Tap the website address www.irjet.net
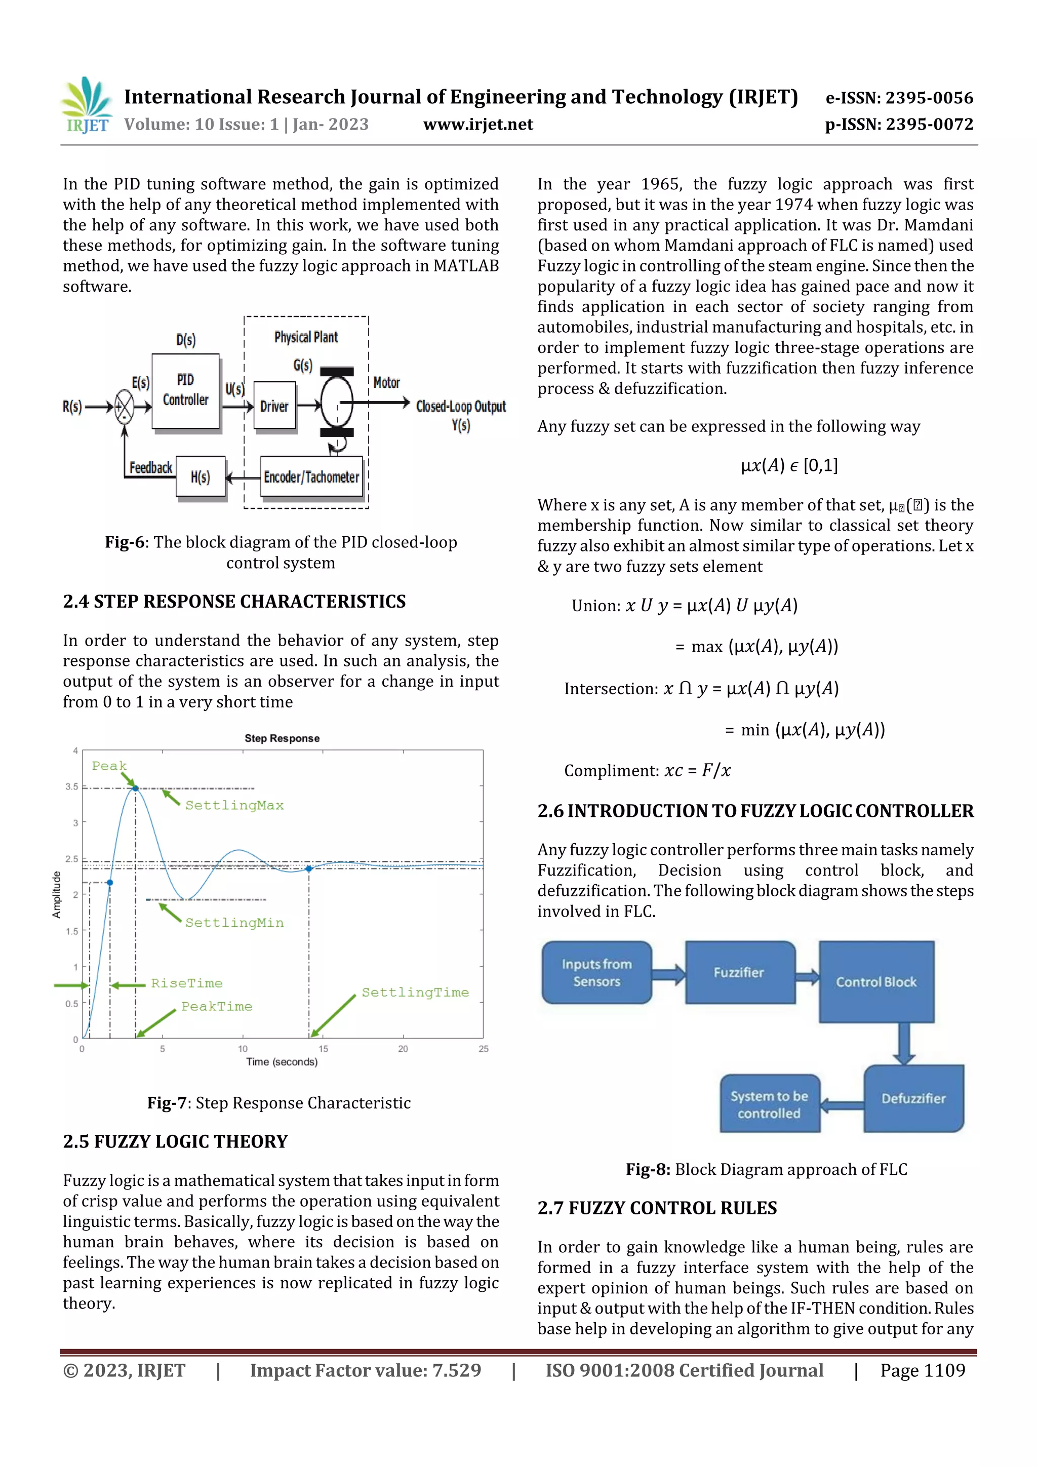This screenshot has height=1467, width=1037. [478, 125]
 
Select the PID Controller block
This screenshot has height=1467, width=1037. [185, 390]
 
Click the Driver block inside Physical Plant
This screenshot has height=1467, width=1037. [274, 406]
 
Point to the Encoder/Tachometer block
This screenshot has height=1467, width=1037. [311, 477]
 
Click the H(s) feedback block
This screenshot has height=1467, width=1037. [200, 477]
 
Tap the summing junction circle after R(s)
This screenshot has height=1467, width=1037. [124, 406]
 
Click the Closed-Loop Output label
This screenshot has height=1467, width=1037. [461, 406]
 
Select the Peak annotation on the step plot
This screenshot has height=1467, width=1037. [109, 766]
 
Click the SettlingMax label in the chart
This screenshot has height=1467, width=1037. [234, 805]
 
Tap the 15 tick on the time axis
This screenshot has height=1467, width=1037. [324, 1049]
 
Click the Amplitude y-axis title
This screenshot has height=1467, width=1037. [56, 894]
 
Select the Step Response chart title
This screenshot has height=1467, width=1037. [282, 738]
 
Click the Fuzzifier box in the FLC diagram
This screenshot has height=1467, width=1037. [739, 972]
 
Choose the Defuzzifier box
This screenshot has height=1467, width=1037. [913, 1098]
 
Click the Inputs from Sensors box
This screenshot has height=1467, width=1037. [596, 972]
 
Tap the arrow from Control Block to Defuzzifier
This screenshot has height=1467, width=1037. [903, 1043]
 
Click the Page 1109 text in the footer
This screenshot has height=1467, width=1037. [922, 1370]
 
